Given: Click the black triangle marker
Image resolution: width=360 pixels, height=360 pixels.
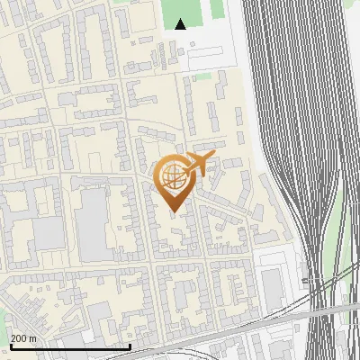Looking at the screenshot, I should (x=181, y=24).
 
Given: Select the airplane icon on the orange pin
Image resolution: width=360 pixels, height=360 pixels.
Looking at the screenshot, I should (x=198, y=163).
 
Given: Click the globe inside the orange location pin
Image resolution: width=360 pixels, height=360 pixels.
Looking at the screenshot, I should (x=173, y=177).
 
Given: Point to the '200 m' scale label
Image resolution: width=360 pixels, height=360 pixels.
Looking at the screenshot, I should (x=23, y=337).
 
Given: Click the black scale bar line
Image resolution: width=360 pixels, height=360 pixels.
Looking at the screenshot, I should (x=70, y=346).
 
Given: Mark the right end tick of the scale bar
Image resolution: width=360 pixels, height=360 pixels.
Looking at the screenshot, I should (x=130, y=346).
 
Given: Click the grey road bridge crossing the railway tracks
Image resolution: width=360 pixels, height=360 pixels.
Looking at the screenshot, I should (x=297, y=314).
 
